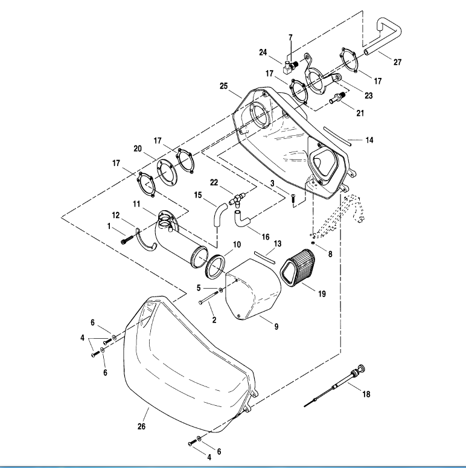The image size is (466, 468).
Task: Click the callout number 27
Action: (397, 62)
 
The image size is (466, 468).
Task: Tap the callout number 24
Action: (263, 52)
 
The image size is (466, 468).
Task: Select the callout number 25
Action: (223, 86)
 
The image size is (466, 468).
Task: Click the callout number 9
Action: (276, 327)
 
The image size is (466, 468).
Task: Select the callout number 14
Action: (369, 140)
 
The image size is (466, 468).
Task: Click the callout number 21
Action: (360, 113)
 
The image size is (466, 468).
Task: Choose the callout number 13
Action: (277, 243)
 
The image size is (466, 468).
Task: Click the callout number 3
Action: (272, 182)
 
